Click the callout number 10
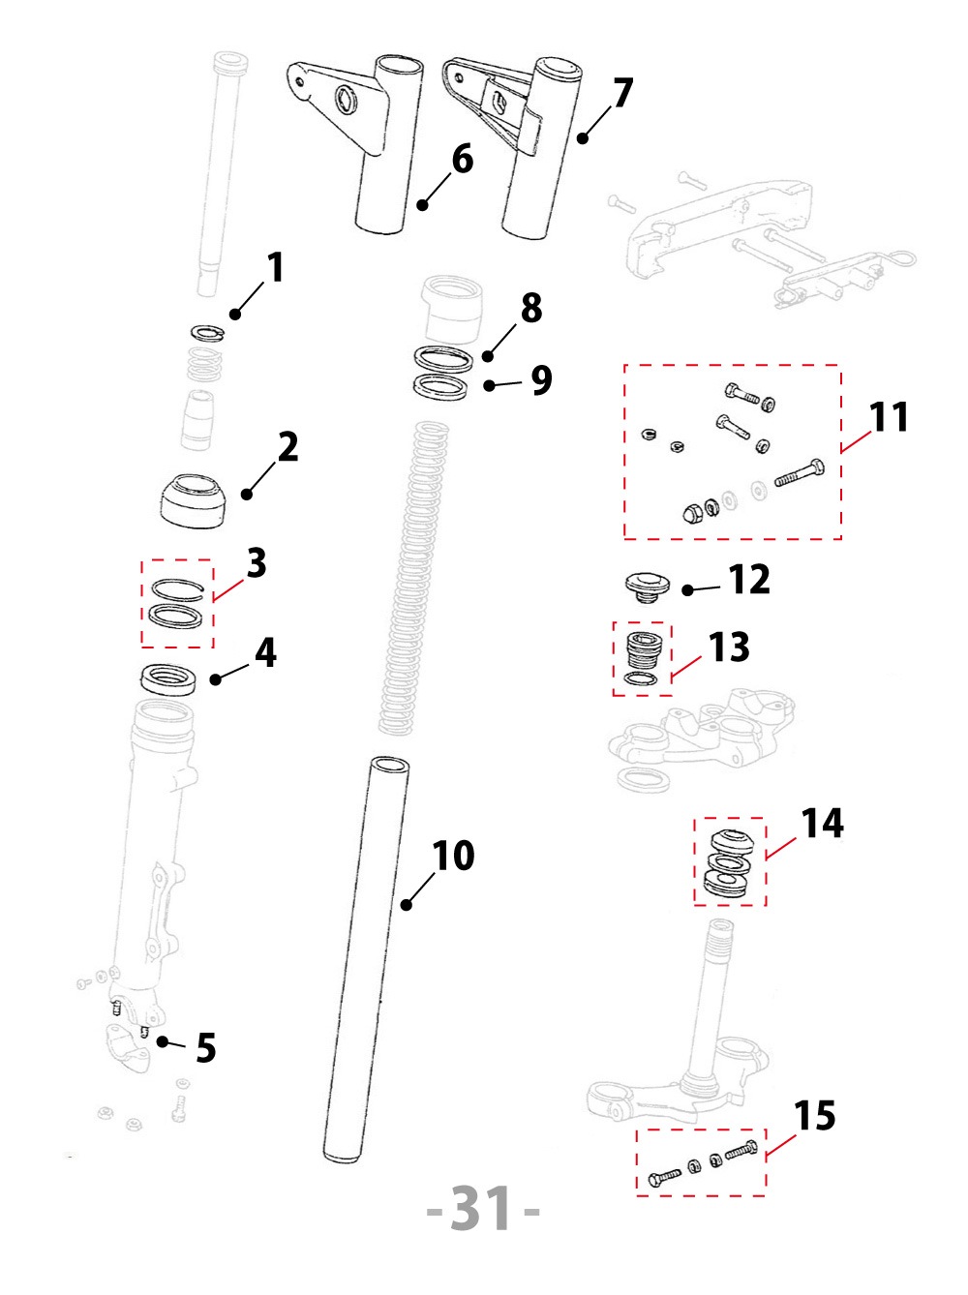point(453,856)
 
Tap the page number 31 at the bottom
point(483,1209)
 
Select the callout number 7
point(622,93)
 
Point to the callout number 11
point(889,417)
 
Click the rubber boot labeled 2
point(194,499)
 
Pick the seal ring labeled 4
point(168,678)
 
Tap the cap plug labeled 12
point(647,585)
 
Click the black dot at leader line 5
point(164,1041)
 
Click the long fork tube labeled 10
point(368,958)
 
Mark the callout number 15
point(814,1116)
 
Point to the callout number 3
point(256,562)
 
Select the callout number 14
point(822,824)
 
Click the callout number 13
point(729,647)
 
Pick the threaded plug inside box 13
point(644,648)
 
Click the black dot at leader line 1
point(234,314)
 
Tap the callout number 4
point(265,653)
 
